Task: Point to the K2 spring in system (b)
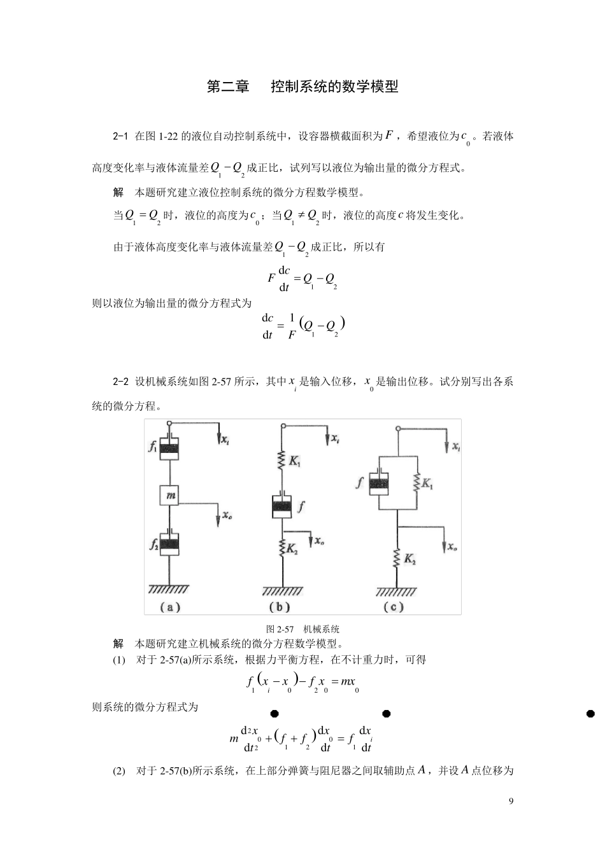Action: pos(281,547)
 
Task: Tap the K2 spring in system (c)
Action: pos(397,559)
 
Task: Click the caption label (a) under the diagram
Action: pos(169,607)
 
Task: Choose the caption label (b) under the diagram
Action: pos(280,607)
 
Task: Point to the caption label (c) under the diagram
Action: pos(394,607)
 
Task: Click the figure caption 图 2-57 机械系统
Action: pos(302,629)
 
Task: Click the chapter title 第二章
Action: pos(227,87)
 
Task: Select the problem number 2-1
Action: pos(121,136)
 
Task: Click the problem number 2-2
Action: pos(121,382)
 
